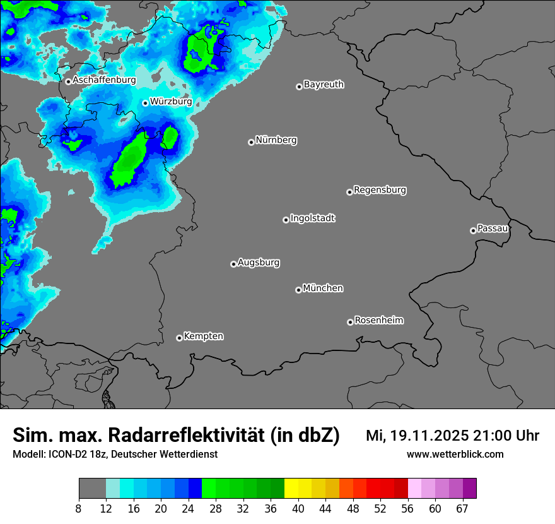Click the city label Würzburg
tap(171, 101)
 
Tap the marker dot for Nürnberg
tap(251, 142)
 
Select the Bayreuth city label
tap(324, 84)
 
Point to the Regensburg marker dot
tap(349, 192)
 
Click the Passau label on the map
tap(493, 228)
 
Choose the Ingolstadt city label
tap(313, 218)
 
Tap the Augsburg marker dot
tap(233, 264)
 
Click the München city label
tap(323, 288)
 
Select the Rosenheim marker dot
tap(350, 323)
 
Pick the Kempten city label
tap(204, 336)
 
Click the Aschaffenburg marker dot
tap(68, 81)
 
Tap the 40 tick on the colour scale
tap(298, 509)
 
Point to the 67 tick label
tap(462, 509)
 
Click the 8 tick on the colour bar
tap(79, 509)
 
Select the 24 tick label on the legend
tap(189, 509)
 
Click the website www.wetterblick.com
tap(455, 454)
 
